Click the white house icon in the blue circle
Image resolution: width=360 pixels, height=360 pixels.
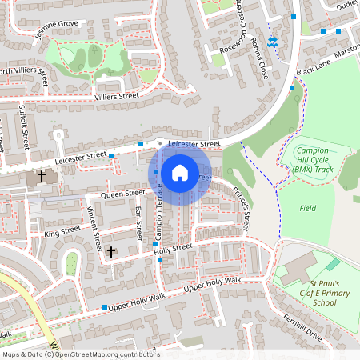pos(180,173)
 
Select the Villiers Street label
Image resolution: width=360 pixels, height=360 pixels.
pos(117,96)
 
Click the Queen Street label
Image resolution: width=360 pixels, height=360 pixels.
pos(122,193)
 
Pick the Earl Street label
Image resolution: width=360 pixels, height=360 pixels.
pos(139,224)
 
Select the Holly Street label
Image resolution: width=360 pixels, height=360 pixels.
pos(173,248)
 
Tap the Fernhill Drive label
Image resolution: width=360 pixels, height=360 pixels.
pos(302,329)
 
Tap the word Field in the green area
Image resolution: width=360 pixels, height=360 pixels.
pos(308,207)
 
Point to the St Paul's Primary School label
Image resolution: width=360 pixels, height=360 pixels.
pos(313,293)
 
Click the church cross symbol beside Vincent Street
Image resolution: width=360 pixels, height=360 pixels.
pos(110,251)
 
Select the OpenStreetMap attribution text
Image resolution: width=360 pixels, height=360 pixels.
pos(81,354)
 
